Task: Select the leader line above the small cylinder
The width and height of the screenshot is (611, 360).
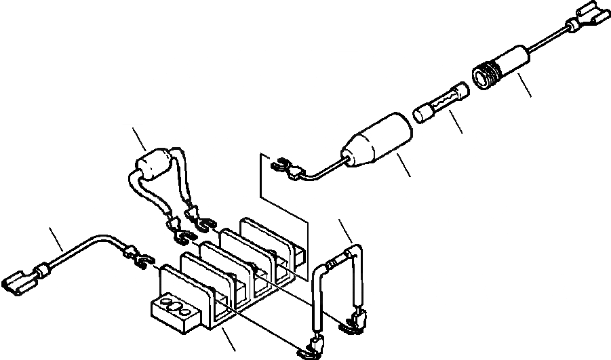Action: click(140, 140)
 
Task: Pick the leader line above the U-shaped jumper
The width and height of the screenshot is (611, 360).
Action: click(346, 233)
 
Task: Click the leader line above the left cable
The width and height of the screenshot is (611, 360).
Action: click(57, 240)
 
